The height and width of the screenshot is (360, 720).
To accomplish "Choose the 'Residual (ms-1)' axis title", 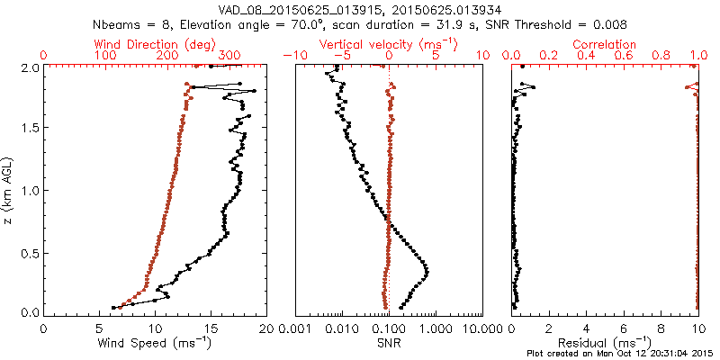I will coord(605,343).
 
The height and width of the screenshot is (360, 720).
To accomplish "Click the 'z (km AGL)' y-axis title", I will coord(8,190).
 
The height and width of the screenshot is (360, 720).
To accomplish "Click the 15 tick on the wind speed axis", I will coord(211,328).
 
